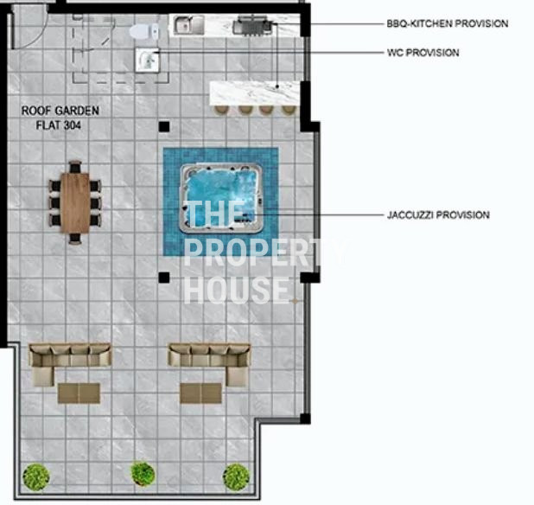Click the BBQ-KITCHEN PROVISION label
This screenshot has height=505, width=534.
pos(447,23)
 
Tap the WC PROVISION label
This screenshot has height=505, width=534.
pos(423,53)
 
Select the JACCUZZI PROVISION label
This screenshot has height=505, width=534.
pos(438,215)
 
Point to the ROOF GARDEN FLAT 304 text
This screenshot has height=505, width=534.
pos(60,118)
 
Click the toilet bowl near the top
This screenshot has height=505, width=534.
pos(144,31)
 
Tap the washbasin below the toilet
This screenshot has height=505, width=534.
pos(148,60)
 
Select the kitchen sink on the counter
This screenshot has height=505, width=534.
pos(188,25)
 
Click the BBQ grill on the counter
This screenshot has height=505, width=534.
pos(252,25)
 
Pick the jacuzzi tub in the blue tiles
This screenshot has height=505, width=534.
pos(221,198)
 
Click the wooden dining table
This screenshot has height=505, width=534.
pos(75,202)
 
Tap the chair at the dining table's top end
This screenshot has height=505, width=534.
pos(75,167)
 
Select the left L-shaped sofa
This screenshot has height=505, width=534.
pos(70,364)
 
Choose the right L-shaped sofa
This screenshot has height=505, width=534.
pos(209,364)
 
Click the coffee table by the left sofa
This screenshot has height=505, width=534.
pos(79,393)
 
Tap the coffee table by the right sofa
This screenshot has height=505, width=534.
pos(201,393)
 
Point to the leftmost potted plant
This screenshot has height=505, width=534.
pos(36,477)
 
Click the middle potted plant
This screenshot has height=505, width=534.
pos(143,474)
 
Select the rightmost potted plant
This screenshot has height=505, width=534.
pos(236,476)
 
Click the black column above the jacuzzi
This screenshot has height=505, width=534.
pos(164,127)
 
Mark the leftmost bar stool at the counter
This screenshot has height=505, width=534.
pos(222,109)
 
